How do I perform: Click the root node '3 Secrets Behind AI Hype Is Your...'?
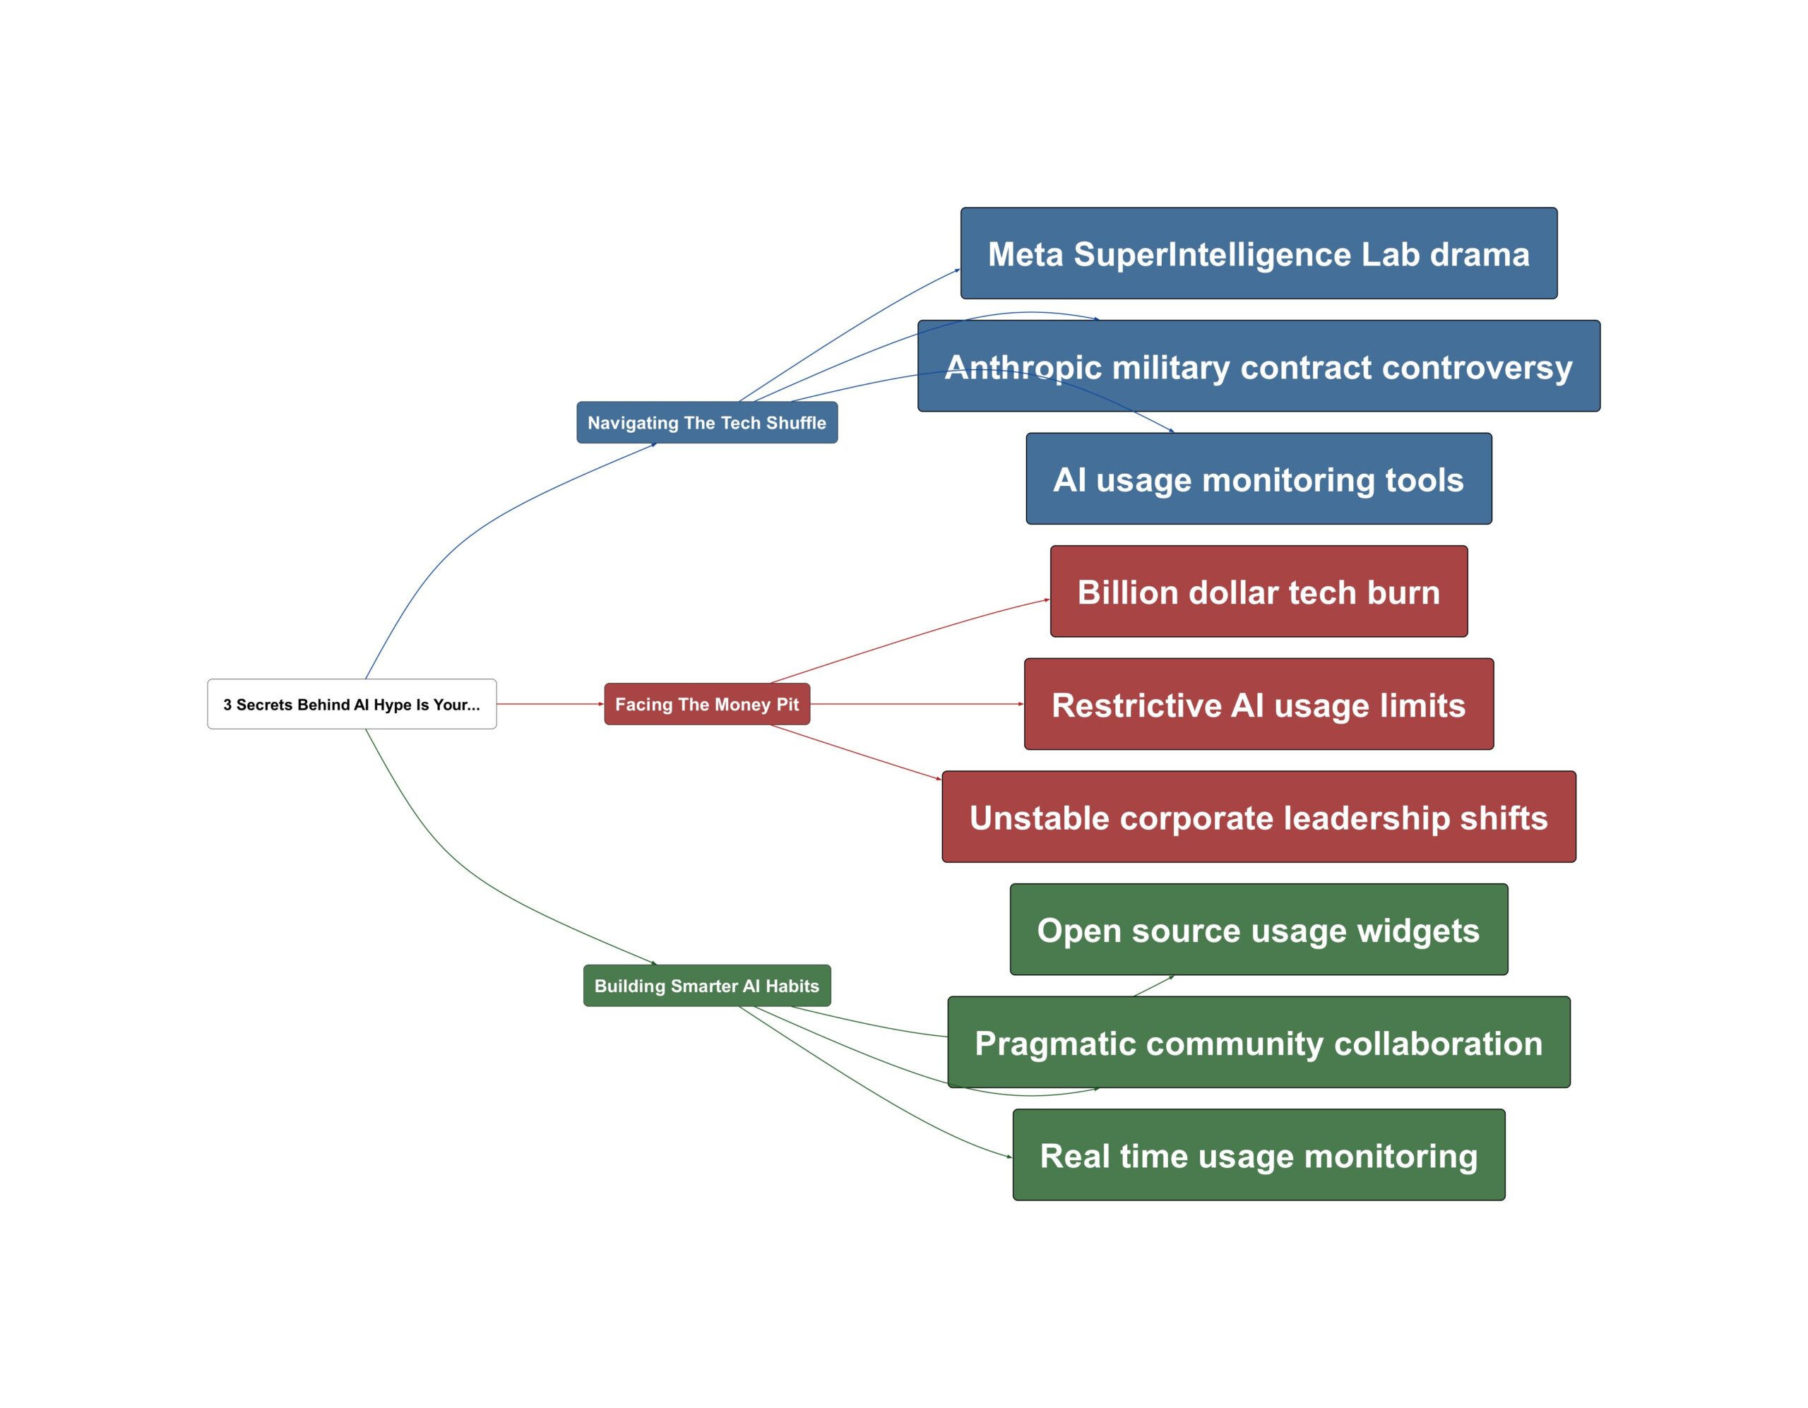point(352,705)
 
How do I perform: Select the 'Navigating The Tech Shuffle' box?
point(707,423)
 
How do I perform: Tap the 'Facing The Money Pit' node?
point(707,705)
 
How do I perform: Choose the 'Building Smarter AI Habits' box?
point(707,986)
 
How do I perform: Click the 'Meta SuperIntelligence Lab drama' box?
point(1259,253)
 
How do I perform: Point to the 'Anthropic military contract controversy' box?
point(1259,366)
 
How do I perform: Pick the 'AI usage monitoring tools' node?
point(1259,479)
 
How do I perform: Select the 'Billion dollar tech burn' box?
point(1259,592)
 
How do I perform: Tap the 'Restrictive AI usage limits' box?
point(1259,705)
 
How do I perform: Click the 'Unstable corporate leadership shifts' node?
point(1259,817)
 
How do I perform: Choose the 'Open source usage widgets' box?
point(1259,929)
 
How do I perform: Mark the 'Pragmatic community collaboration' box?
point(1259,1043)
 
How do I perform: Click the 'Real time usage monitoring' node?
point(1259,1155)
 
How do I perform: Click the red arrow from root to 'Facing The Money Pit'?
point(550,705)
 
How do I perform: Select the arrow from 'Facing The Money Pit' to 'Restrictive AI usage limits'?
point(917,705)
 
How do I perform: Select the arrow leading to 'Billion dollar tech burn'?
point(910,638)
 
